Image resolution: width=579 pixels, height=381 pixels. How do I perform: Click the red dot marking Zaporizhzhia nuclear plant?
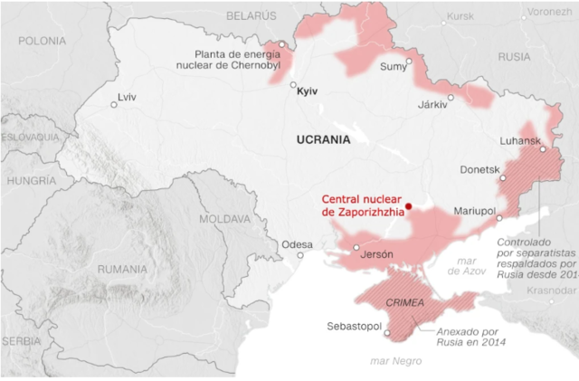point(408,206)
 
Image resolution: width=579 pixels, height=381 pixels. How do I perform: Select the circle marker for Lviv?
point(113,105)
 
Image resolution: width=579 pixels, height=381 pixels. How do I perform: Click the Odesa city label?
point(297,244)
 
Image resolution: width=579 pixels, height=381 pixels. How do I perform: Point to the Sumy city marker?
point(409,62)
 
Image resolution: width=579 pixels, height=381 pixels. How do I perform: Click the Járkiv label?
point(432,105)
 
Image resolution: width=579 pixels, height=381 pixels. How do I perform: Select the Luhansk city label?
point(520,140)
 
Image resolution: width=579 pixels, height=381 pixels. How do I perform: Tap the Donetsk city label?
point(479,170)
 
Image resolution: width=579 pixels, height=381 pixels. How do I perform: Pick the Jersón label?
point(376,254)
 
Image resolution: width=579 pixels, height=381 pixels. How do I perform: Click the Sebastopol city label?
point(353,327)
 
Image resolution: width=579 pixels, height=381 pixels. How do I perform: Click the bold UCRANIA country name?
point(322,140)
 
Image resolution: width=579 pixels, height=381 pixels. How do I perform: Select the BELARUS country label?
point(251,16)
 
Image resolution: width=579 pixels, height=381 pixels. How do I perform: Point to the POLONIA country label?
point(42,42)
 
